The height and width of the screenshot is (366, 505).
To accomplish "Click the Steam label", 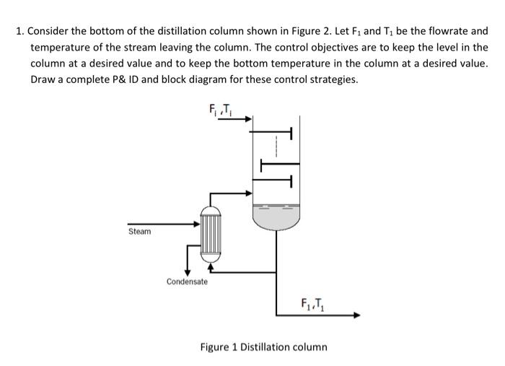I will (x=139, y=231).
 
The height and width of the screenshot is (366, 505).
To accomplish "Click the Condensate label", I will (x=187, y=281).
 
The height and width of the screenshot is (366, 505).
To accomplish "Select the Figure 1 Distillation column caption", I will (x=263, y=347).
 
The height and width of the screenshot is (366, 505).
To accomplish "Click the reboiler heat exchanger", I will (x=210, y=233).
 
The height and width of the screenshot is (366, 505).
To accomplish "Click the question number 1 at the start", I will (x=20, y=32).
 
